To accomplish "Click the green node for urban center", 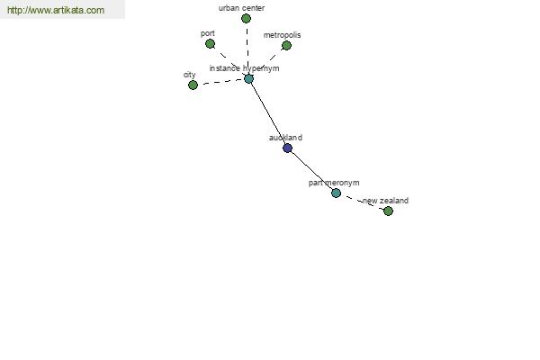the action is coord(246,19).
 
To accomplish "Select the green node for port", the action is coord(210,44).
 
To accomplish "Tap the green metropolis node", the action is coord(286,45).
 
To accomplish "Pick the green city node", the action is coord(193,85).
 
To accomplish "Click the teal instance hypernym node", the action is coord(248,79).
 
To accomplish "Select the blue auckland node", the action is coord(288,148).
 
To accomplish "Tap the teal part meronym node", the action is coord(336,193).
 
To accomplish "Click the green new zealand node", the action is coord(388,211).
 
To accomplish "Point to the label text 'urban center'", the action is coord(241,8).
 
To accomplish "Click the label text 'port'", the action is coord(208,34).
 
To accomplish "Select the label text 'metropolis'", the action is coord(282,35).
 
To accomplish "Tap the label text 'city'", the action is coord(190,75).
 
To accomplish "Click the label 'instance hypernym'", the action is coord(244,68).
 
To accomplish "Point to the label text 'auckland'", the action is coord(285,138).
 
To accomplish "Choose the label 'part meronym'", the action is coord(334,183).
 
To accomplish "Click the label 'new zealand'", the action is coord(386,201).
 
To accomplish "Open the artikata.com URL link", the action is coord(56,10).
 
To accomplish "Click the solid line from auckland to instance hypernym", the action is coord(268,113).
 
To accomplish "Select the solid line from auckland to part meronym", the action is coord(312,170).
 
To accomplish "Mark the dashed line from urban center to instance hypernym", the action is coord(247,49).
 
